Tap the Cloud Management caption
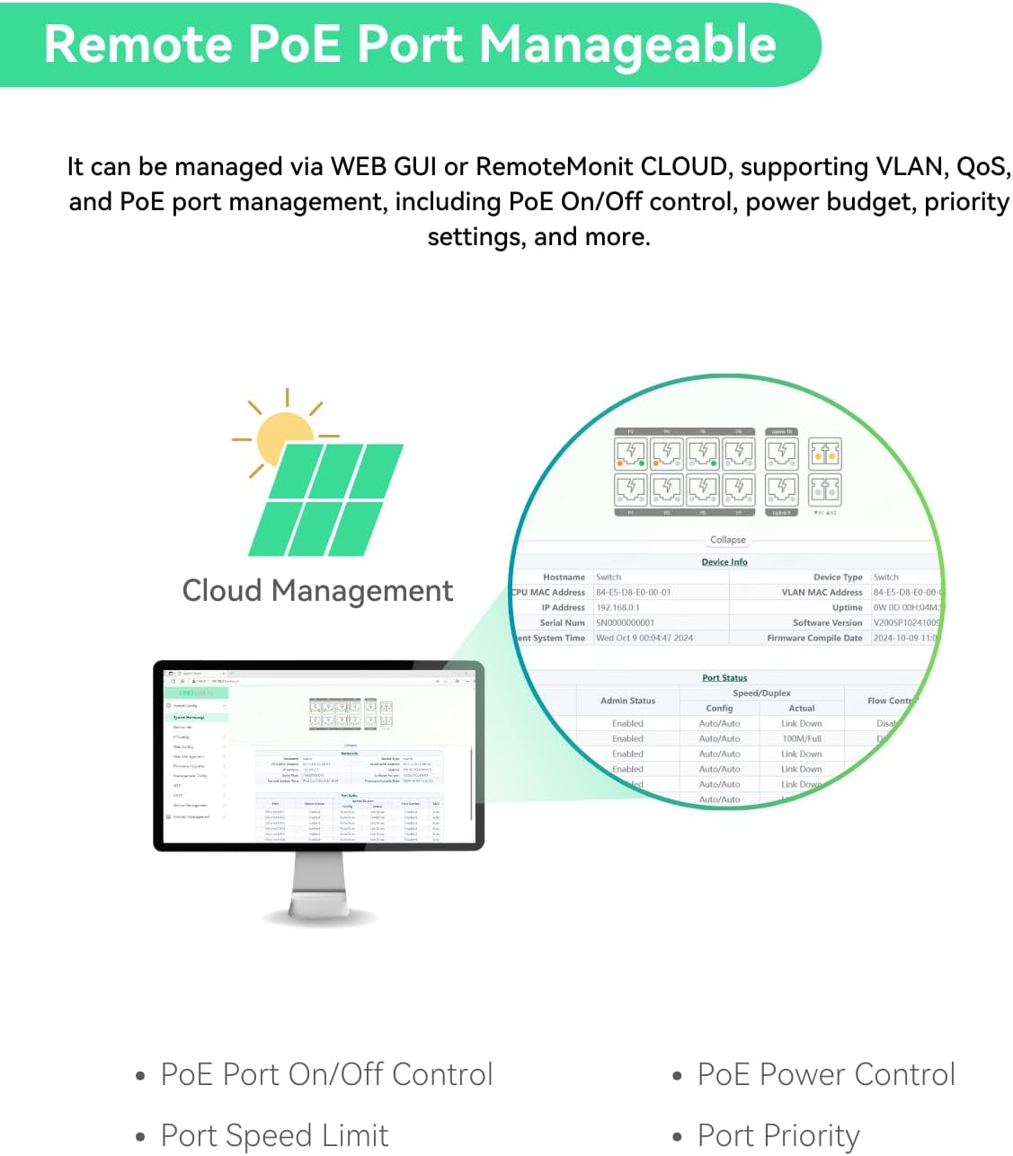[x=317, y=591]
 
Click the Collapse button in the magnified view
[x=727, y=540]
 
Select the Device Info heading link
[x=724, y=562]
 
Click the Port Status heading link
[x=724, y=678]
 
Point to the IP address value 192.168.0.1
[x=618, y=608]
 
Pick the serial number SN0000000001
[x=625, y=623]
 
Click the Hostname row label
[x=564, y=578]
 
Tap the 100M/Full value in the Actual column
[x=801, y=739]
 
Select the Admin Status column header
[x=627, y=701]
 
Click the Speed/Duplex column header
[x=761, y=693]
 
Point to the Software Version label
[x=827, y=623]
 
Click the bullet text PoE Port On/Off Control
[x=326, y=1074]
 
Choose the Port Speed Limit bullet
[x=274, y=1135]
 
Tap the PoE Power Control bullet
[x=826, y=1074]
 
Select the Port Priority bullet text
[x=778, y=1135]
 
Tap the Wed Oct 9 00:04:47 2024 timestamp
[x=644, y=639]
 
